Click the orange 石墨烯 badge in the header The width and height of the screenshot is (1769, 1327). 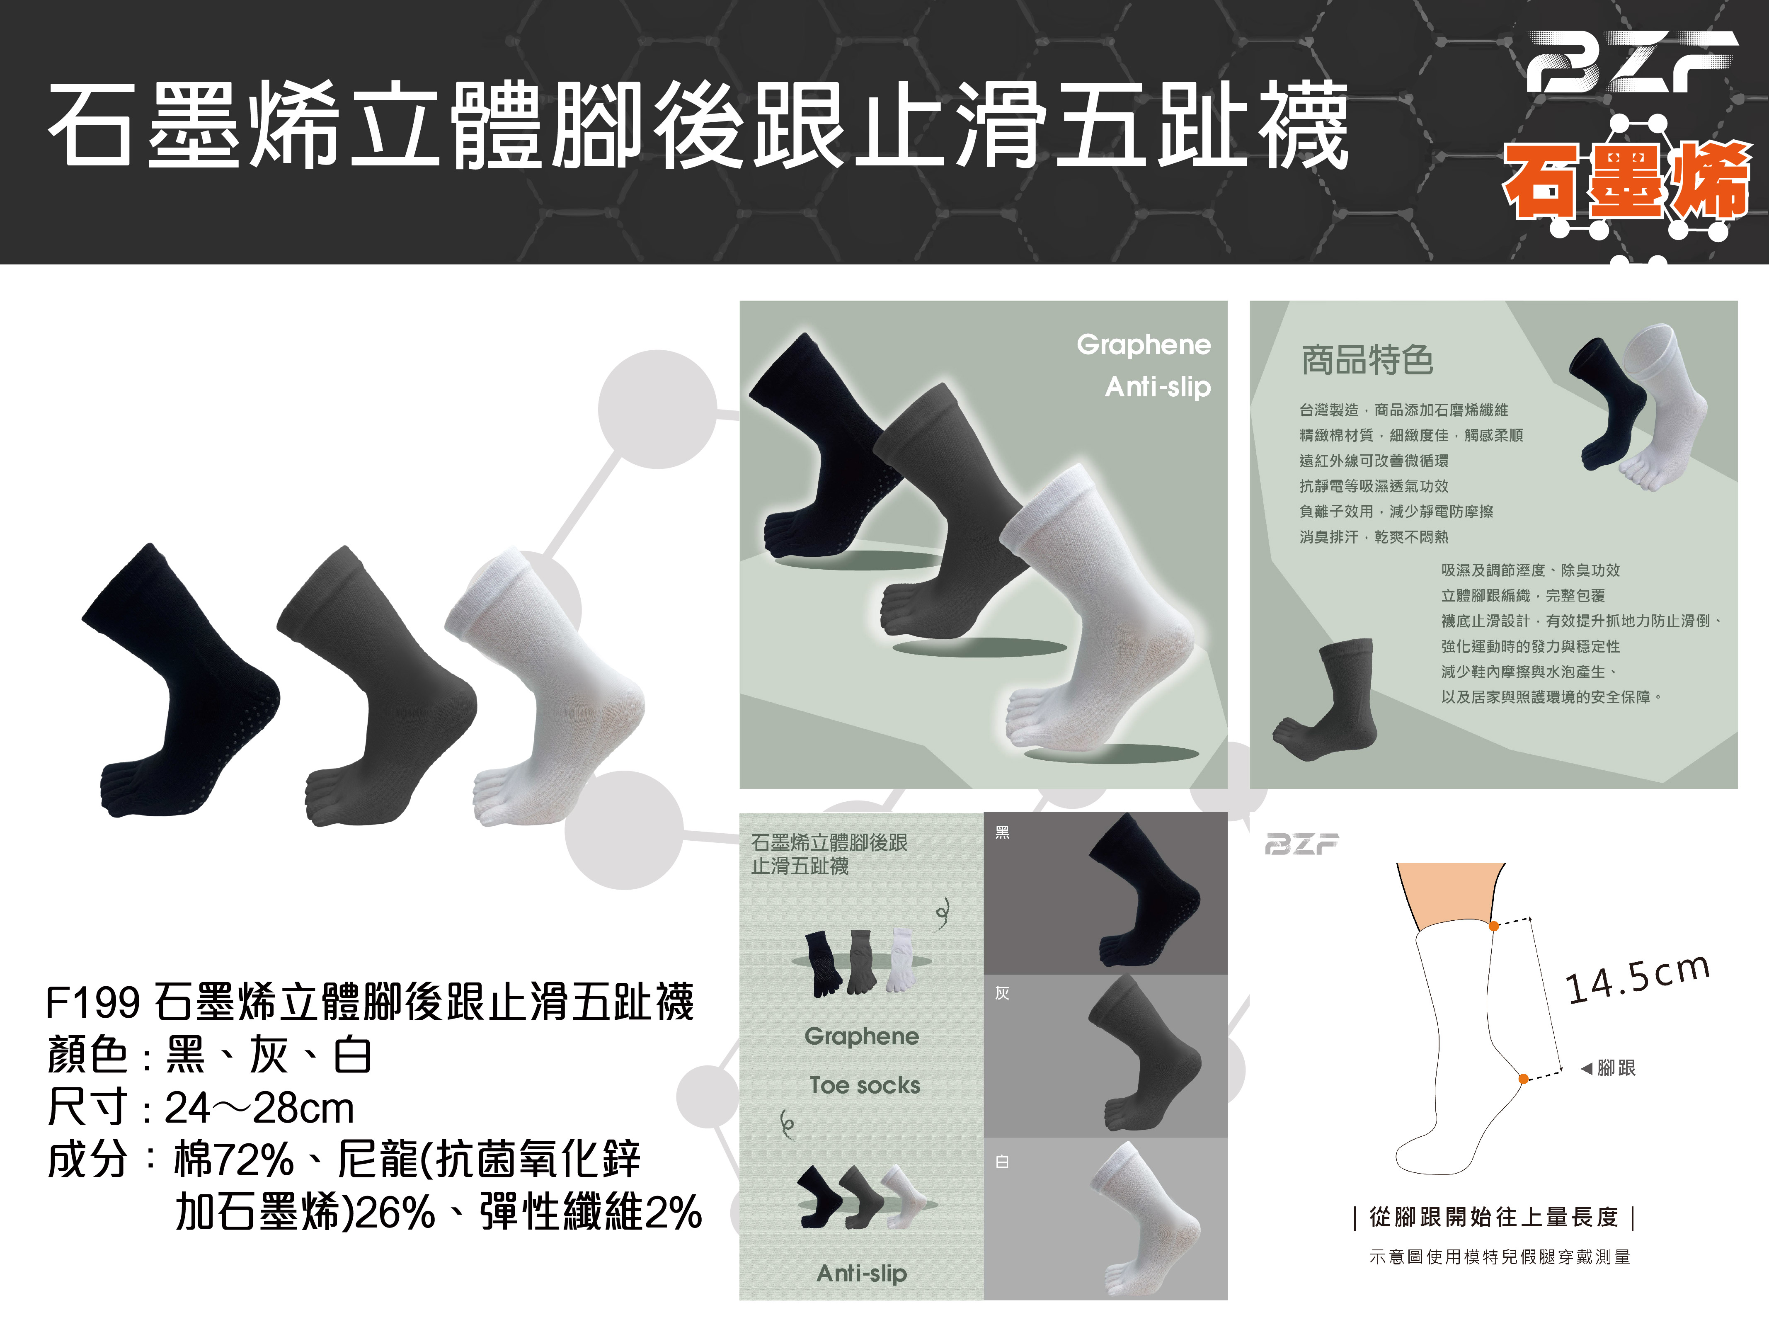pos(1627,182)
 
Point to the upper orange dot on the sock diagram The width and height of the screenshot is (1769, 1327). pos(1494,925)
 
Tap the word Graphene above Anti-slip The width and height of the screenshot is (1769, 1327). pos(1144,345)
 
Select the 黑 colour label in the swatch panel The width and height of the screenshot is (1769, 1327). pos(1002,833)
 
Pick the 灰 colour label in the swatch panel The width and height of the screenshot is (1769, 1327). pos(1002,993)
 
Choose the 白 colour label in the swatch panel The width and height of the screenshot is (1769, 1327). pos(1002,1162)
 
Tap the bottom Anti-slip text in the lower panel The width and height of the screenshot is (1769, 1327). pos(861,1273)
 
